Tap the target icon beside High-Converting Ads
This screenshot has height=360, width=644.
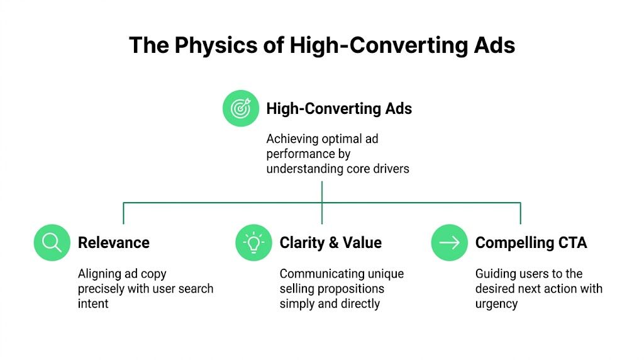pos(241,108)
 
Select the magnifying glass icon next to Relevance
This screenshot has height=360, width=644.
pos(52,242)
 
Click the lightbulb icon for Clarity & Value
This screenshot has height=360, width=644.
pos(253,242)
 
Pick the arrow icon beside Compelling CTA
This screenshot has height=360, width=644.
pos(450,242)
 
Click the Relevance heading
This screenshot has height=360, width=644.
pos(114,243)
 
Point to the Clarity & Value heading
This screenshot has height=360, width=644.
pos(330,243)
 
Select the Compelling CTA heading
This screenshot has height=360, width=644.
pos(531,243)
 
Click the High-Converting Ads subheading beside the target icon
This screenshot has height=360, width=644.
pos(339,108)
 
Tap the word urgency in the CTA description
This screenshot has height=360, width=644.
pos(496,303)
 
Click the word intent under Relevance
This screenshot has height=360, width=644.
pos(93,303)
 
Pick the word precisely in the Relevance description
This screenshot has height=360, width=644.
pos(103,289)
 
